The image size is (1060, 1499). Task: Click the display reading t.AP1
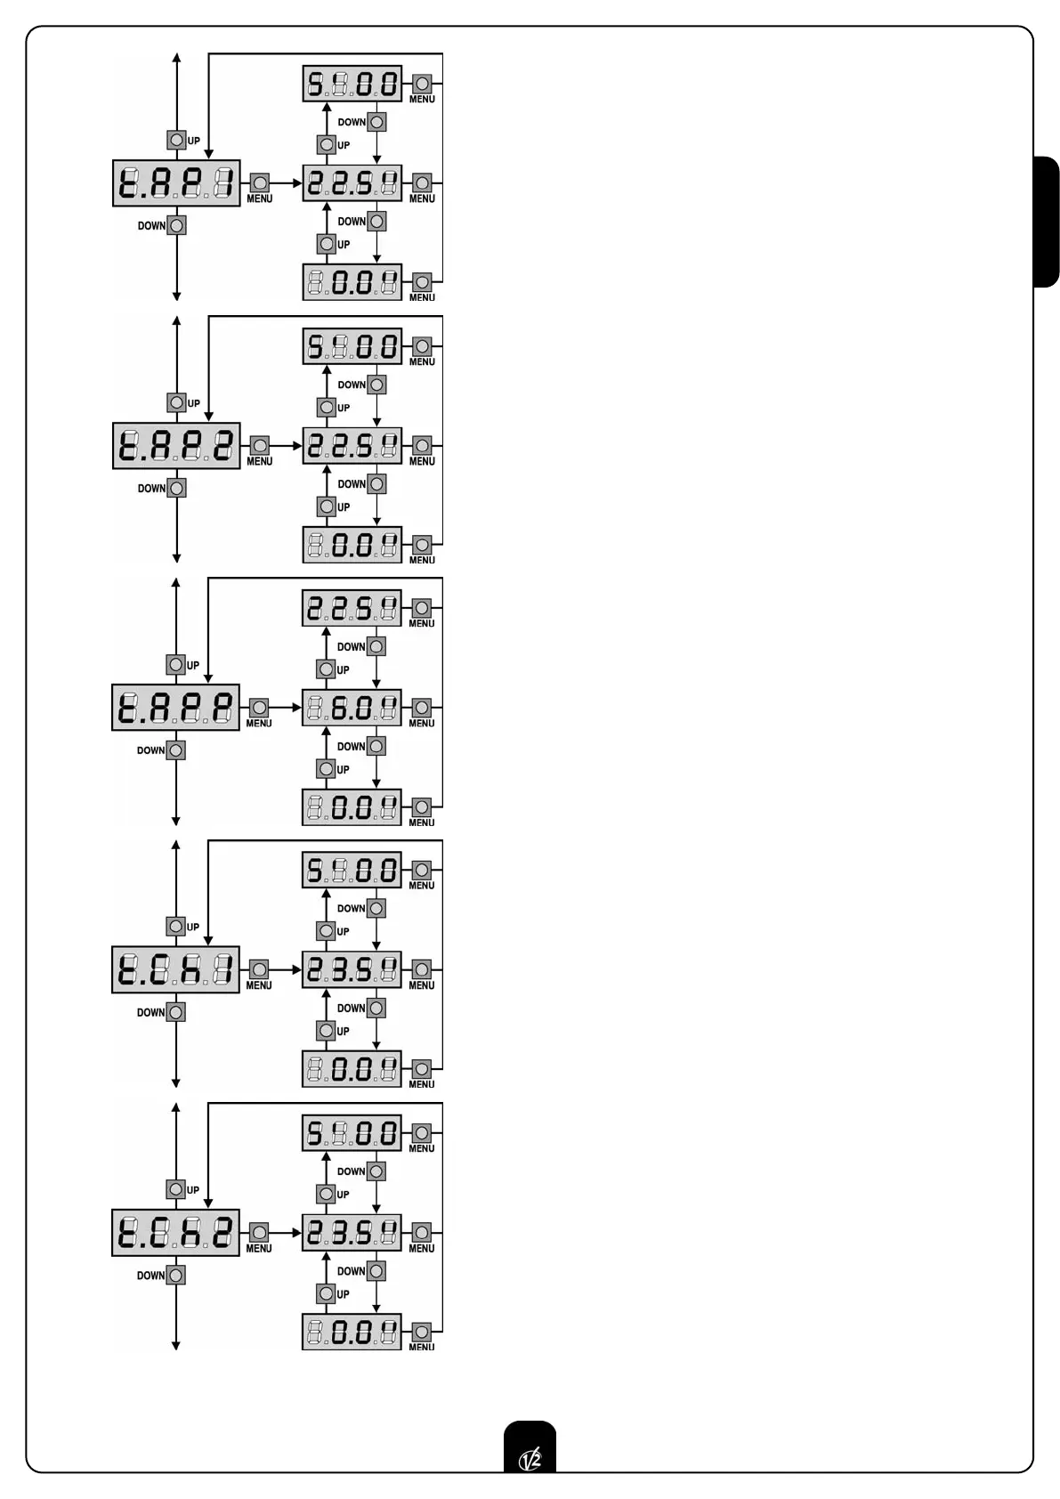click(176, 183)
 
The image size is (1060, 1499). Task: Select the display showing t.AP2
click(176, 446)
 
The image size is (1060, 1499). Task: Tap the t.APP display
click(175, 708)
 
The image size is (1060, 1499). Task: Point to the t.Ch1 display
click(175, 969)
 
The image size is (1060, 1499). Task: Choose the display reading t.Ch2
click(175, 1233)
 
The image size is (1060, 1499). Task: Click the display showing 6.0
click(352, 708)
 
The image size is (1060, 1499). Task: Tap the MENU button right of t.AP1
click(259, 182)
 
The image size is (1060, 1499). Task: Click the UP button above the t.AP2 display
click(176, 402)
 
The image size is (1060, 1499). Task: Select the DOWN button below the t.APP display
click(176, 750)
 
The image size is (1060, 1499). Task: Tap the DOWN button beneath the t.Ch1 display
click(176, 1012)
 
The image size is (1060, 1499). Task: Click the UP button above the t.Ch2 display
click(176, 1189)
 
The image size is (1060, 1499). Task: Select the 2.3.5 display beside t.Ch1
click(352, 969)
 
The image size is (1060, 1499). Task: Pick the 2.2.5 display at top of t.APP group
click(352, 608)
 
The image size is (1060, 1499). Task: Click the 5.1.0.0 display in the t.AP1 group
click(352, 84)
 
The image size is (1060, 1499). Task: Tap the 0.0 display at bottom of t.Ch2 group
click(352, 1332)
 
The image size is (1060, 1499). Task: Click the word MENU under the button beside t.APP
click(259, 724)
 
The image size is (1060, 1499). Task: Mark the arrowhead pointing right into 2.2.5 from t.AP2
click(298, 446)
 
